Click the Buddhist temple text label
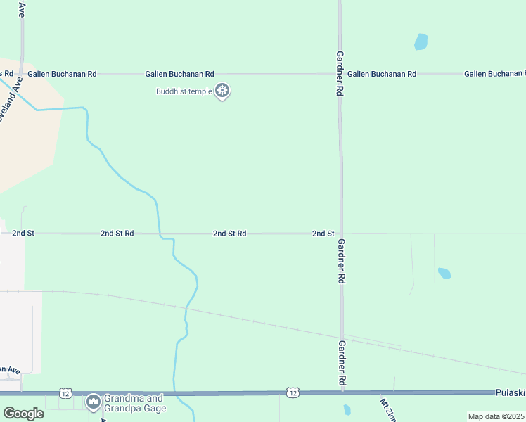pyautogui.click(x=184, y=91)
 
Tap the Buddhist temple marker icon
pyautogui.click(x=223, y=91)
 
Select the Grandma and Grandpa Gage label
pyautogui.click(x=134, y=402)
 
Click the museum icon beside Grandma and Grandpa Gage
pyautogui.click(x=93, y=402)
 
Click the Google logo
pyautogui.click(x=23, y=414)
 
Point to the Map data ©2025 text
pyautogui.click(x=496, y=416)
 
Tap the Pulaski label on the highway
pyautogui.click(x=510, y=392)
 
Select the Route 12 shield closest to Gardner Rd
pyautogui.click(x=293, y=392)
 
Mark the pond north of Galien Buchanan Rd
pyautogui.click(x=421, y=41)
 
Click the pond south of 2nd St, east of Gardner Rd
pyautogui.click(x=444, y=273)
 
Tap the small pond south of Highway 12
pyautogui.click(x=347, y=409)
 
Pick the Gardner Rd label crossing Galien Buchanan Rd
pyautogui.click(x=340, y=73)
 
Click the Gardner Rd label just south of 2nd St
pyautogui.click(x=341, y=261)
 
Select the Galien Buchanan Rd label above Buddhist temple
pyautogui.click(x=179, y=74)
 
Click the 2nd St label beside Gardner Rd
pyautogui.click(x=323, y=233)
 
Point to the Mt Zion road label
pyautogui.click(x=389, y=410)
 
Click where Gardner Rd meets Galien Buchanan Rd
pyautogui.click(x=340, y=74)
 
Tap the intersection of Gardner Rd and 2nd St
pyautogui.click(x=342, y=233)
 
